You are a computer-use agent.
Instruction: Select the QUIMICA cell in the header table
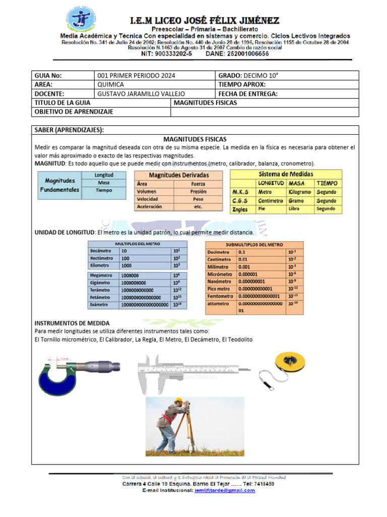(x=110, y=85)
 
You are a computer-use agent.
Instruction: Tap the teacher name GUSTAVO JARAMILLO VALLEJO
(x=141, y=94)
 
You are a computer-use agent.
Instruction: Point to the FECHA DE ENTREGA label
(x=248, y=94)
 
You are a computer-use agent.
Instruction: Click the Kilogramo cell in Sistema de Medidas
(x=300, y=192)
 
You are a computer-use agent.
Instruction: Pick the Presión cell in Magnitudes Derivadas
(x=198, y=192)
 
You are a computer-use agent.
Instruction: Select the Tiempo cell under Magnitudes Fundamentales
(x=104, y=190)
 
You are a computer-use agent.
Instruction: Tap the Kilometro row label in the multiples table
(x=101, y=265)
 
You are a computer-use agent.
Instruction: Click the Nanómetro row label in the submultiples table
(x=219, y=282)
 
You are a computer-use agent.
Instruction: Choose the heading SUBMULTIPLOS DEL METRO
(x=254, y=244)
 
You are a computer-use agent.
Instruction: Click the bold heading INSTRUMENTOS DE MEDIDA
(x=72, y=323)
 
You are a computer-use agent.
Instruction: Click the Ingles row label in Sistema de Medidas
(x=240, y=209)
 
